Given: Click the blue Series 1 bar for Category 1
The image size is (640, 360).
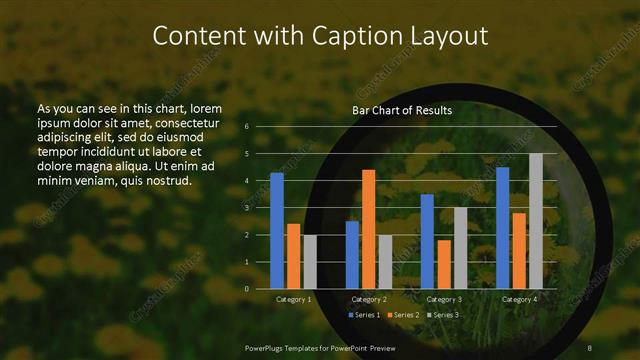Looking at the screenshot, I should click(x=277, y=230).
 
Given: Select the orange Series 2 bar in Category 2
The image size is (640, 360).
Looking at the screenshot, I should click(x=369, y=229).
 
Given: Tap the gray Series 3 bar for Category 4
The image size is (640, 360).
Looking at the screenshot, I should click(x=535, y=221).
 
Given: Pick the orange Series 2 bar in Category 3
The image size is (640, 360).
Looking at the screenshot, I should click(x=443, y=264).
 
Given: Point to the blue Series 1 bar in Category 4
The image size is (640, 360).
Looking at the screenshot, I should click(x=502, y=228).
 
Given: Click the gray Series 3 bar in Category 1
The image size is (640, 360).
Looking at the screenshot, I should click(x=310, y=262).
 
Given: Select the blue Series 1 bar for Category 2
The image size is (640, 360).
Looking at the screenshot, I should click(x=352, y=254).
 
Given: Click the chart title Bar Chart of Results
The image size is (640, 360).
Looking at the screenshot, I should click(x=402, y=110).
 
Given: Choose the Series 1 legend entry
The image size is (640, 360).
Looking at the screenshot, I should click(x=363, y=315).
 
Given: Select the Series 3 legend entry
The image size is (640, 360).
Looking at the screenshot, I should click(x=444, y=315).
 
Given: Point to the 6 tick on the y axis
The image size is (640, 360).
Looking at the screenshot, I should click(x=247, y=127).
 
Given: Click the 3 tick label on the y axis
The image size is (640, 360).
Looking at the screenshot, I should click(x=247, y=208).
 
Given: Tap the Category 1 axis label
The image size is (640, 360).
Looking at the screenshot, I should click(x=293, y=299).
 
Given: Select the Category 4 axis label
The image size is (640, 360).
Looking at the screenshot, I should click(x=518, y=299).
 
